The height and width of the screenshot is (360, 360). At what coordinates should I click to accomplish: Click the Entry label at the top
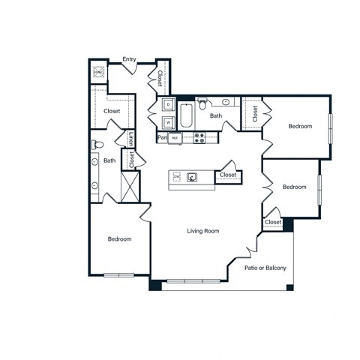pos(129,59)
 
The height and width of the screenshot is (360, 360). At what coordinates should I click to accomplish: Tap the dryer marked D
pos(167,105)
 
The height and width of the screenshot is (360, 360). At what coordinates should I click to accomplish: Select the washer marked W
pos(167,121)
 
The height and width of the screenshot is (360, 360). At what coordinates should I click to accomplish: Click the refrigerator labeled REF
pos(175,138)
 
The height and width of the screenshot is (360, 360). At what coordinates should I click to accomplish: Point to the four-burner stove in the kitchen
pos(199,137)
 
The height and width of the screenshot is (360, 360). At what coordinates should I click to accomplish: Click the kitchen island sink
pos(193,177)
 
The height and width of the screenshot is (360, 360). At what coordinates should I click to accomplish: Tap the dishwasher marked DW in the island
pos(177,176)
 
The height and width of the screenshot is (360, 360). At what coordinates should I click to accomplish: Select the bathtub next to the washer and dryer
pos(187,117)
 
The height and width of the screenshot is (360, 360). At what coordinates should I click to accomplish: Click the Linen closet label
pos(131,139)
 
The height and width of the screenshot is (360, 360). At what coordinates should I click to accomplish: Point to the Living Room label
pos(202,231)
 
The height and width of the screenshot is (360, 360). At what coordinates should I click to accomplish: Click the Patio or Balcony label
pos(265,268)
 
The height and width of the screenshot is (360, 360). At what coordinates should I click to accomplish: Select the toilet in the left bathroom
pos(96,144)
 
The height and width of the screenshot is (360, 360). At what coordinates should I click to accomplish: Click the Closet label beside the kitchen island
pos(228,175)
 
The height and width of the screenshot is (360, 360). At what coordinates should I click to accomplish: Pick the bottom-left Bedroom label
pos(119,239)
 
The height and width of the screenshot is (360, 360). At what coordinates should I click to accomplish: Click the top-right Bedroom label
pos(300,127)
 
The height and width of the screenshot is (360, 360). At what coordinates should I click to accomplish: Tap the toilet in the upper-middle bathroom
pos(202,106)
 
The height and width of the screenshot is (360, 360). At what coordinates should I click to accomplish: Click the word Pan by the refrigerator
pos(161,138)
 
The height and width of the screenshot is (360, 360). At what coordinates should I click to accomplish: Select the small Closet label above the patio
pos(273,222)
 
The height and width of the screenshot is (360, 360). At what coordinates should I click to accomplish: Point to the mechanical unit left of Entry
pos(98,73)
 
